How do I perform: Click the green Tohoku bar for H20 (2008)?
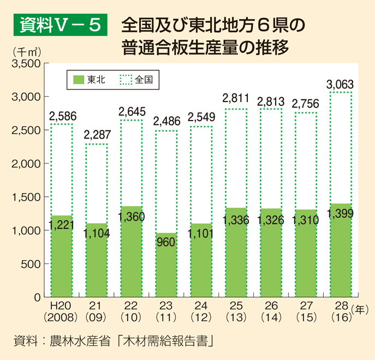61,262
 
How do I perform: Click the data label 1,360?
132,217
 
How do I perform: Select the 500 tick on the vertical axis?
32,264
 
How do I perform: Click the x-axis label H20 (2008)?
61,311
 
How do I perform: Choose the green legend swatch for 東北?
78,80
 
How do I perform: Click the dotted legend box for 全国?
126,80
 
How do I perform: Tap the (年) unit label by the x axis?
360,309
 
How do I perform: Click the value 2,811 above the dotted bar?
235,99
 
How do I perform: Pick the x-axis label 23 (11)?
165,311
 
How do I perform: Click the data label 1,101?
201,235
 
